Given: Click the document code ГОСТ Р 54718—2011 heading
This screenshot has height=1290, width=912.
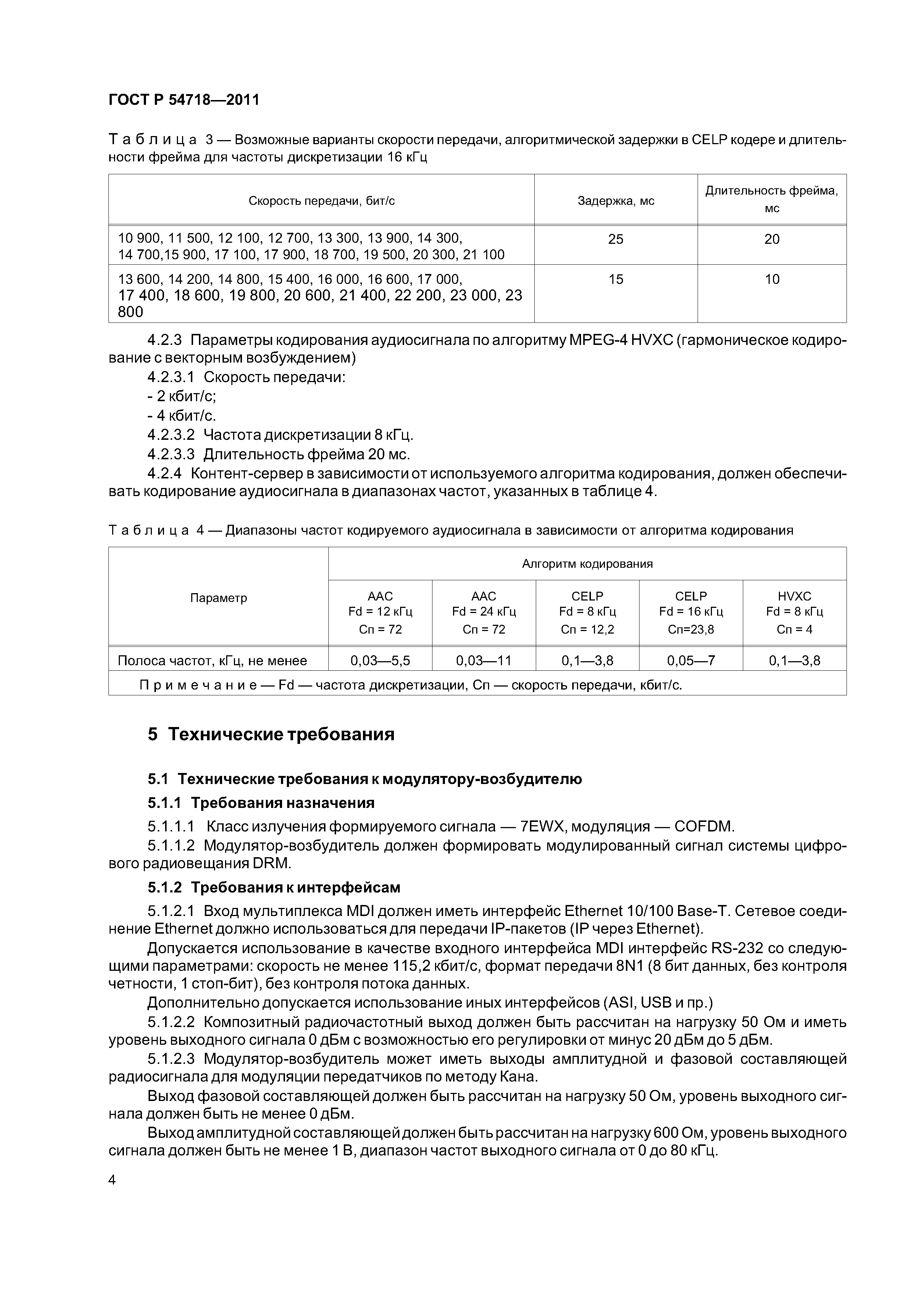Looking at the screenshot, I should click(x=184, y=100).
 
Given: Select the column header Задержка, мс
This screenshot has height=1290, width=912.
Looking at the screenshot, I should click(x=616, y=200).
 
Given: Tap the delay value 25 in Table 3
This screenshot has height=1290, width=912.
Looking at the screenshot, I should click(x=616, y=239).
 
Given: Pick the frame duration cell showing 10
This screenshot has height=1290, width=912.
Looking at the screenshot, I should click(x=772, y=279).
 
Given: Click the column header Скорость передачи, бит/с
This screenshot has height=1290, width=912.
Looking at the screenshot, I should click(x=321, y=200).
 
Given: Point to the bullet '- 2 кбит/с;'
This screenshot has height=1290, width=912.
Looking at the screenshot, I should click(x=182, y=396).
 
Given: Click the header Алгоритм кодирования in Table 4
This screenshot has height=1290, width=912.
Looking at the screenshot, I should click(x=587, y=563).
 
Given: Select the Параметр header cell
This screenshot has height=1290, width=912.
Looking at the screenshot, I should click(x=218, y=598).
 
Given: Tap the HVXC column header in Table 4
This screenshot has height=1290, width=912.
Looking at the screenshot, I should click(x=795, y=596).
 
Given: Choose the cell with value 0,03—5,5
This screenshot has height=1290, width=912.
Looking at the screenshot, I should click(x=380, y=660).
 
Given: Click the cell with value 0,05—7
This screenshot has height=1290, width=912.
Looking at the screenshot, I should click(x=691, y=660).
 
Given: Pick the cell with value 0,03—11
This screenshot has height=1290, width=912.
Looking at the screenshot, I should click(x=484, y=660).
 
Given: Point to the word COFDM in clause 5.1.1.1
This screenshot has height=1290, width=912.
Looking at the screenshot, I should click(x=704, y=827).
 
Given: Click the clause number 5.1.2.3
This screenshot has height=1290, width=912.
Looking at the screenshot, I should click(x=171, y=1059).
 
